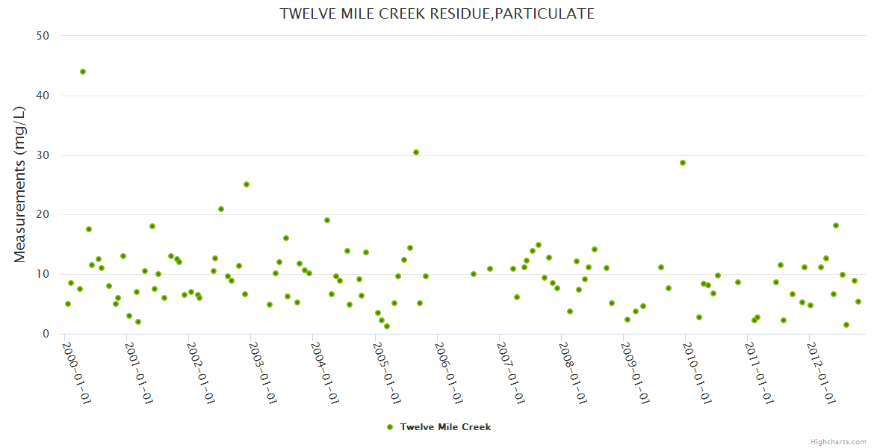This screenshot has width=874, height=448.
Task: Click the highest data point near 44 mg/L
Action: (83, 72)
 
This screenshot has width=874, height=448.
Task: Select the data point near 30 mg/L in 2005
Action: (416, 152)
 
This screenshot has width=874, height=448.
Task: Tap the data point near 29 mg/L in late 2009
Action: (683, 163)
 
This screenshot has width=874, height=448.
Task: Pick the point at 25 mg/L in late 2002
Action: (247, 184)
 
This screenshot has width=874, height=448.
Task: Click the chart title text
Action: (437, 13)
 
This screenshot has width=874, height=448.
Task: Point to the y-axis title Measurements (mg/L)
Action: (20, 184)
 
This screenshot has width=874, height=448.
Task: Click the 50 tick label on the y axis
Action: (43, 36)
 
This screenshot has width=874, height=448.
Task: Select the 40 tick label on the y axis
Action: (43, 96)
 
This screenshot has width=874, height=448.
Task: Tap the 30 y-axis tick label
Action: (43, 155)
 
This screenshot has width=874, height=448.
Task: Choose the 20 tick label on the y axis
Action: (43, 215)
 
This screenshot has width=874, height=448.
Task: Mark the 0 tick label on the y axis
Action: (46, 335)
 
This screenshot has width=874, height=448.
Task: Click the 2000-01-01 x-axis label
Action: (76, 373)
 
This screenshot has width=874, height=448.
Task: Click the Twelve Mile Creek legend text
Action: (445, 427)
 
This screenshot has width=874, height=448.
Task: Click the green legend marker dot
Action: (389, 427)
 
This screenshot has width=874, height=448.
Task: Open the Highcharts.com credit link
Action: (838, 441)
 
